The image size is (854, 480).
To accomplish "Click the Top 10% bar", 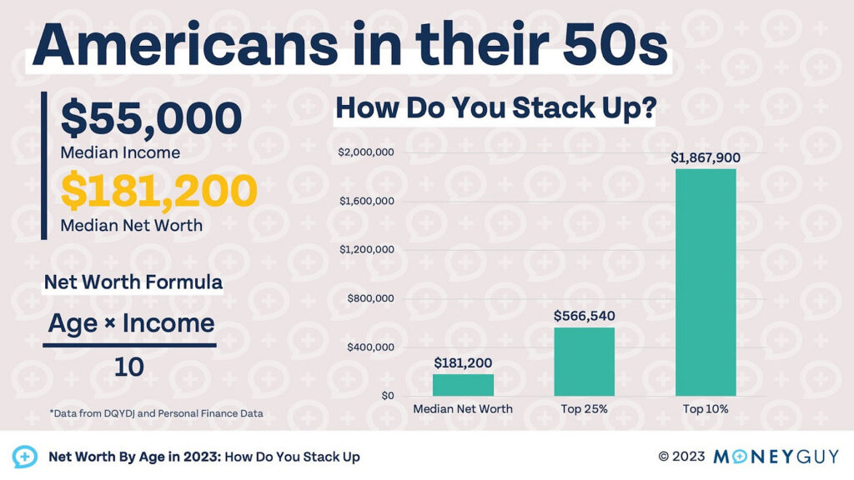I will [706, 282].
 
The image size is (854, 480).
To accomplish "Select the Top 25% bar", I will [584, 362].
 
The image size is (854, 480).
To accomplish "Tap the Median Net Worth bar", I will [463, 385].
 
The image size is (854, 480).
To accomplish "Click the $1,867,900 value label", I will [706, 157].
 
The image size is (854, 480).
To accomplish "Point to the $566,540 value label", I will [584, 316].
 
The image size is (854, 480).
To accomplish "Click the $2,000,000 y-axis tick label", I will [365, 152].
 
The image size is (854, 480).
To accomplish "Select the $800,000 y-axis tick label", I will [369, 298].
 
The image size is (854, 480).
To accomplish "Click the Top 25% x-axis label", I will [584, 409].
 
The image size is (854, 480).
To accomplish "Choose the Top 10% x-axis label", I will [706, 409].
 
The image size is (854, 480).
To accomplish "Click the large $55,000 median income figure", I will [151, 119].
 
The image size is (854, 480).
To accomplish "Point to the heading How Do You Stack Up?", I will [495, 109].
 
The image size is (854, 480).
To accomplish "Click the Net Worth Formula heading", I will [133, 282].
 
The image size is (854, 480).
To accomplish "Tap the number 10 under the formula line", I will [129, 367].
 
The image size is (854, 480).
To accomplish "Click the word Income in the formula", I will [168, 323].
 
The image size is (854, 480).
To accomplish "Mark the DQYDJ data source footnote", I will [156, 413].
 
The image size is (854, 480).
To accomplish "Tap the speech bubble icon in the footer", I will [24, 457].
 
